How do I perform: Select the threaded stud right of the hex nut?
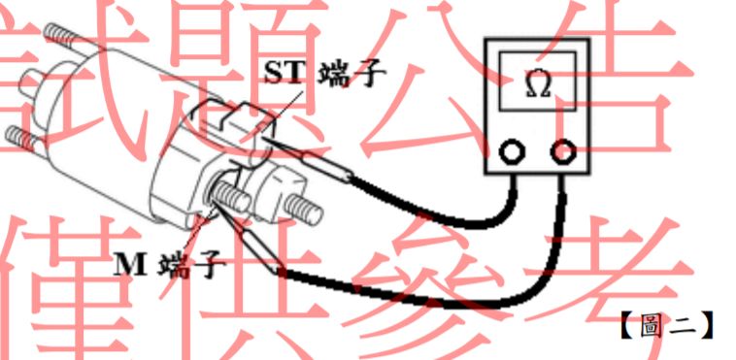coord(303,207)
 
